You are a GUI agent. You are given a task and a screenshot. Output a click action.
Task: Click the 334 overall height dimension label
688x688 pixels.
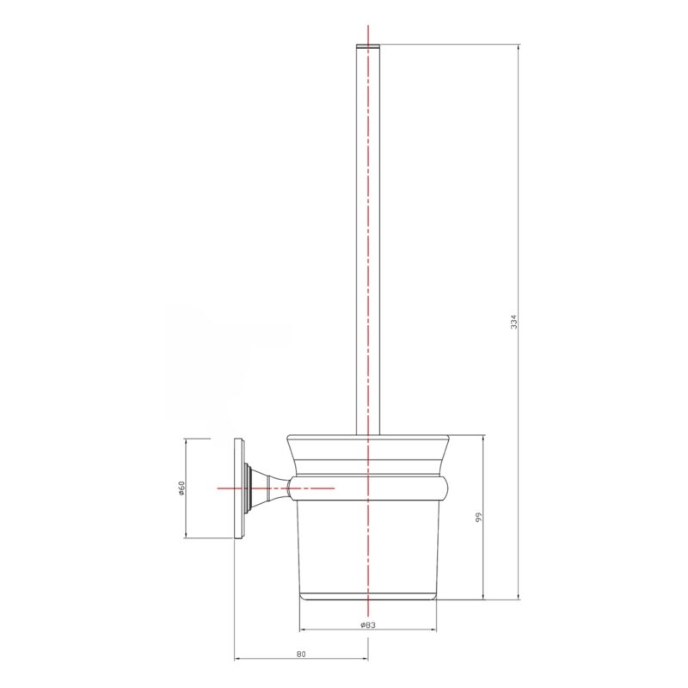coord(513,322)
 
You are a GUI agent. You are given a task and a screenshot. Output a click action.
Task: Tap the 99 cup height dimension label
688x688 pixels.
coord(479,517)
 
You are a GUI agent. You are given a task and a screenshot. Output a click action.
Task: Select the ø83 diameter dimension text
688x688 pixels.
coord(368,625)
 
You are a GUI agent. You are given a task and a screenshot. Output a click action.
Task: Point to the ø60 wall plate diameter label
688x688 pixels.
coord(181,488)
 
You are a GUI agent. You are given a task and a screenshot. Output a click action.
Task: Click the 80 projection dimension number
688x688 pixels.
coord(300,654)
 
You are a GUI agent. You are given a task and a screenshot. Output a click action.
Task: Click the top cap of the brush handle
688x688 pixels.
coord(368,46)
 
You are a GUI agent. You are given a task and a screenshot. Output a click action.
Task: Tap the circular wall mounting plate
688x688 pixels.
coord(239,488)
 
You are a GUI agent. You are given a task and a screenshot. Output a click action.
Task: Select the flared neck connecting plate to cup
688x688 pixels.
coord(268,488)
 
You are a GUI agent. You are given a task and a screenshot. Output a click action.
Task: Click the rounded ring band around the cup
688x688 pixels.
coord(368,488)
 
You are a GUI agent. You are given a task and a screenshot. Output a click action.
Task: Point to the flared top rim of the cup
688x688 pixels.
coord(368,455)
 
